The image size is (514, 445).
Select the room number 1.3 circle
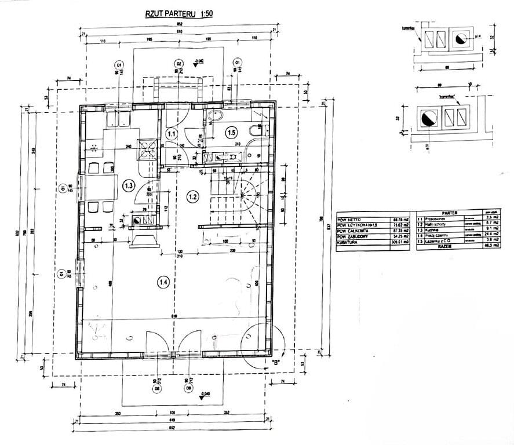click(x=129, y=185)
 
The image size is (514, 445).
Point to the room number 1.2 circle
click(x=193, y=196)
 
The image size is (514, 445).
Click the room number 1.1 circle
click(x=172, y=134)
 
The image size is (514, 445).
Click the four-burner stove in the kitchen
click(x=146, y=149)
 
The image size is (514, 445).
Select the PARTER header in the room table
click(x=449, y=213)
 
